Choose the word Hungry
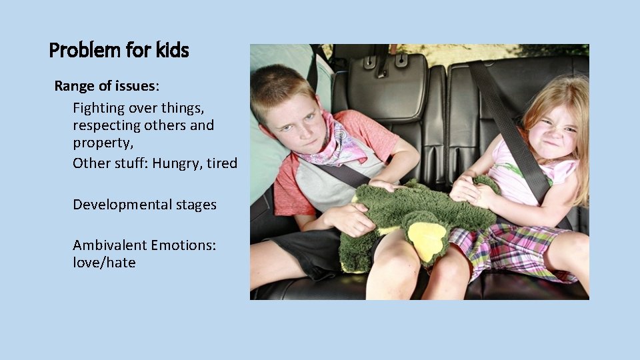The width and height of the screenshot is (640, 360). (x=175, y=163)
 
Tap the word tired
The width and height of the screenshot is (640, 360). (x=222, y=163)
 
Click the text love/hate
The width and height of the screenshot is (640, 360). (x=104, y=263)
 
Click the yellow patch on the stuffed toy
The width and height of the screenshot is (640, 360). (x=426, y=239)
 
